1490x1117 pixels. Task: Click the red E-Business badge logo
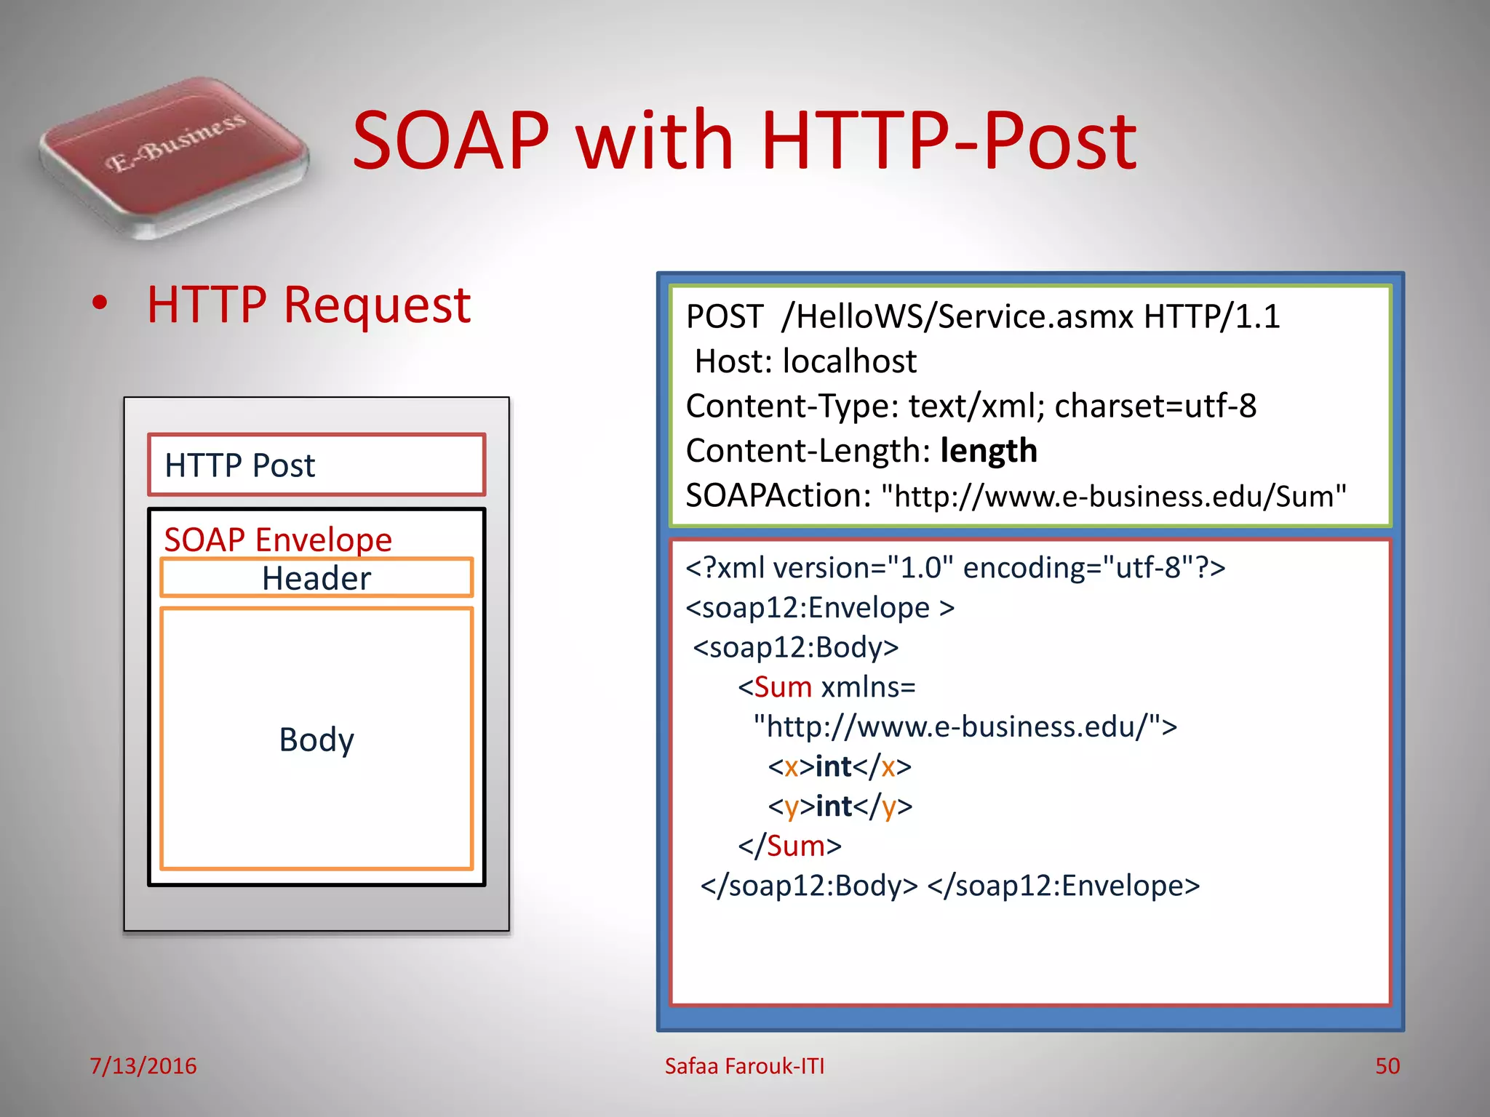175,156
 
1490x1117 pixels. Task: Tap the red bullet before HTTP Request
100,304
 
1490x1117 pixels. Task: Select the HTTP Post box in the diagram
316,465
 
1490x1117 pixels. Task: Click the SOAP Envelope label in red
278,540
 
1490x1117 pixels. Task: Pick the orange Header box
316,579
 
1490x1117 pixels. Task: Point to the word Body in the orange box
316,740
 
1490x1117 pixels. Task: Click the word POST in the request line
724,317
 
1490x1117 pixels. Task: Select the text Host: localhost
805,361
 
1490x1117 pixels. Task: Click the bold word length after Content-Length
988,451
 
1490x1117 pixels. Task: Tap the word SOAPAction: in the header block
778,496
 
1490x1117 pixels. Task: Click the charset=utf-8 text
1155,407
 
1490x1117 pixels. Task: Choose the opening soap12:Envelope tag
819,608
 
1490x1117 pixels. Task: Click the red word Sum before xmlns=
783,687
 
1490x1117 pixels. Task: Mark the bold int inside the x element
833,766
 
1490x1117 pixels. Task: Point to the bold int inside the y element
834,806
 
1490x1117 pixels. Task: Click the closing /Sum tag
790,846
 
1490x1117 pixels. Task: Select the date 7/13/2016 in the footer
143,1066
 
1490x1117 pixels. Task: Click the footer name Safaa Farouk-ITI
744,1066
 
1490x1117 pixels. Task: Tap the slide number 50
1387,1066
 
